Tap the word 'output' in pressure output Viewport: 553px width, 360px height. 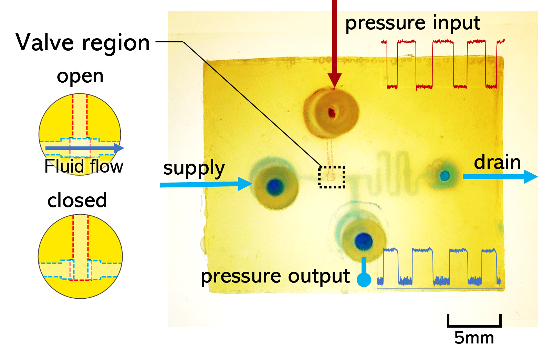pyautogui.click(x=319, y=276)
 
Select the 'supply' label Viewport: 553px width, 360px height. pyautogui.click(x=196, y=168)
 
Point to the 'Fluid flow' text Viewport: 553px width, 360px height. pyautogui.click(x=84, y=166)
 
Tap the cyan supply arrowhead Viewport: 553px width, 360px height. pyautogui.click(x=245, y=184)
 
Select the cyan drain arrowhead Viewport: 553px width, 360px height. pyautogui.click(x=530, y=176)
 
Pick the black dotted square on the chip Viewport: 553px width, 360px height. pyautogui.click(x=332, y=177)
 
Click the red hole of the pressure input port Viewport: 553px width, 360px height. pyautogui.click(x=332, y=112)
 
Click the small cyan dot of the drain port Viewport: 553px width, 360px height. pyautogui.click(x=445, y=176)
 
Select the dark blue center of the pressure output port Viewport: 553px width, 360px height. pyautogui.click(x=364, y=240)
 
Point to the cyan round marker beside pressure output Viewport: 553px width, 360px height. pyautogui.click(x=364, y=279)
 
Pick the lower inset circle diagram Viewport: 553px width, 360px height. pyautogui.click(x=80, y=257)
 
